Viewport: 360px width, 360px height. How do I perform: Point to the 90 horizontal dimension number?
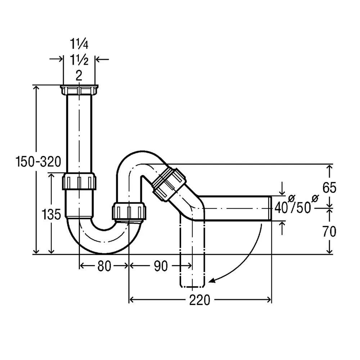[x=161, y=266]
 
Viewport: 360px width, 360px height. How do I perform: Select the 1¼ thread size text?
[x=79, y=45]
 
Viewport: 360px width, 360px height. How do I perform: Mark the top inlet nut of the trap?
[x=79, y=90]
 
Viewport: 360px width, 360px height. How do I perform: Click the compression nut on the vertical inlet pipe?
[x=79, y=181]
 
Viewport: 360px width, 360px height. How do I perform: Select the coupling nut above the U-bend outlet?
[x=129, y=211]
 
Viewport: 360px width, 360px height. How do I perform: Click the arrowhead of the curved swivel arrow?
[x=212, y=281]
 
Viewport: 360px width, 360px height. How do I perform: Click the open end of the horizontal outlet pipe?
[x=270, y=208]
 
